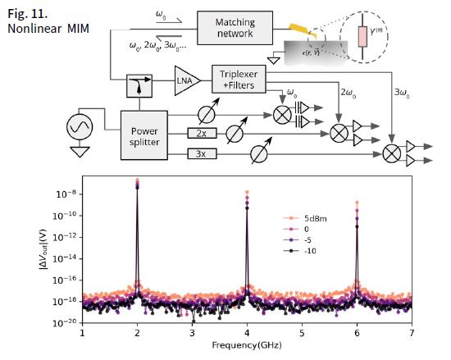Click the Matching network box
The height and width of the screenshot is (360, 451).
point(235,28)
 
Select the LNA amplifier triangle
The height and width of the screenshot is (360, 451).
point(187,80)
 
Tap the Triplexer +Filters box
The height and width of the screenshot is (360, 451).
point(239,79)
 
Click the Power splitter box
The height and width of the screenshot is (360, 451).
point(144,135)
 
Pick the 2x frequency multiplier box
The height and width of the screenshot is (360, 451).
point(202,133)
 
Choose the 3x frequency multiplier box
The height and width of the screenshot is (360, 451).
point(202,153)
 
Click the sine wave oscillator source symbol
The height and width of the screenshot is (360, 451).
point(80,127)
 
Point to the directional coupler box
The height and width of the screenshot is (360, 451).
point(139,85)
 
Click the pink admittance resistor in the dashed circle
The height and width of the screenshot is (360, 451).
point(362,37)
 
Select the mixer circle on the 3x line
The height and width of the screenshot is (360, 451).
point(392,153)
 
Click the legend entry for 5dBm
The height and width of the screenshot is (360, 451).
point(305,218)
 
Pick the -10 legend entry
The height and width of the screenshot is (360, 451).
point(299,251)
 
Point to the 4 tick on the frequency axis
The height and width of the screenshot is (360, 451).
point(247,333)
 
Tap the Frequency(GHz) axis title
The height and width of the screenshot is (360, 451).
point(247,344)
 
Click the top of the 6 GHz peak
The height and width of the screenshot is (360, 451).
point(357,203)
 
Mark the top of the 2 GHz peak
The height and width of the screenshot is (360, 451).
point(137,180)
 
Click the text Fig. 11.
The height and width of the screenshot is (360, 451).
point(27,14)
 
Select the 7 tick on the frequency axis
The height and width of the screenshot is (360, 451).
point(412,333)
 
